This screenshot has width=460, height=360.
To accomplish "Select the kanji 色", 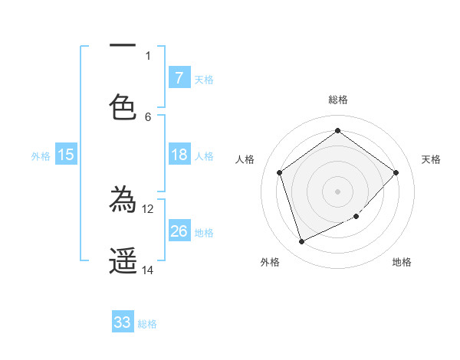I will pyautogui.click(x=123, y=107).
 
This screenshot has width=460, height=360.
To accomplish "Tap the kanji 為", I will pyautogui.click(x=123, y=201).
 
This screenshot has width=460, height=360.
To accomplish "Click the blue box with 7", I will pyautogui.click(x=179, y=78).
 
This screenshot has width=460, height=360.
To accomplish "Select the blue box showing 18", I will pyautogui.click(x=179, y=155).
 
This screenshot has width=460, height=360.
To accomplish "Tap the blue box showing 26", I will pyautogui.click(x=179, y=231).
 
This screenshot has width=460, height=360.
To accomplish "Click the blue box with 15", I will pyautogui.click(x=66, y=155).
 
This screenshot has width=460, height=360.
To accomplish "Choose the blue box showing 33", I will pyautogui.click(x=123, y=322).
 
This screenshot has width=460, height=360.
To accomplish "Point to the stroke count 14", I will pyautogui.click(x=148, y=270).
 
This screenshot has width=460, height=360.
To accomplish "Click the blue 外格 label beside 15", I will pyautogui.click(x=41, y=156).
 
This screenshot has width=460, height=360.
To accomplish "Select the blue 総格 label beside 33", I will pyautogui.click(x=147, y=324).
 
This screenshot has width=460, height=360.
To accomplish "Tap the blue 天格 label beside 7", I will pyautogui.click(x=204, y=80).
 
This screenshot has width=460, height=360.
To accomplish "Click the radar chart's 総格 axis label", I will pyautogui.click(x=337, y=100).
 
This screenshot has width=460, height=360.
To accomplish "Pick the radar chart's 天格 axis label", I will pyautogui.click(x=431, y=159).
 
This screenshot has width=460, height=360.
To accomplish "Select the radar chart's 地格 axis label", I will pyautogui.click(x=402, y=262).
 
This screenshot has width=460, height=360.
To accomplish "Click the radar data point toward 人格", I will pyautogui.click(x=280, y=172).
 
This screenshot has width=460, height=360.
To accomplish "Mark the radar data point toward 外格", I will pyautogui.click(x=301, y=242).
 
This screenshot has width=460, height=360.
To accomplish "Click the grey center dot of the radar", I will pyautogui.click(x=337, y=191).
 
